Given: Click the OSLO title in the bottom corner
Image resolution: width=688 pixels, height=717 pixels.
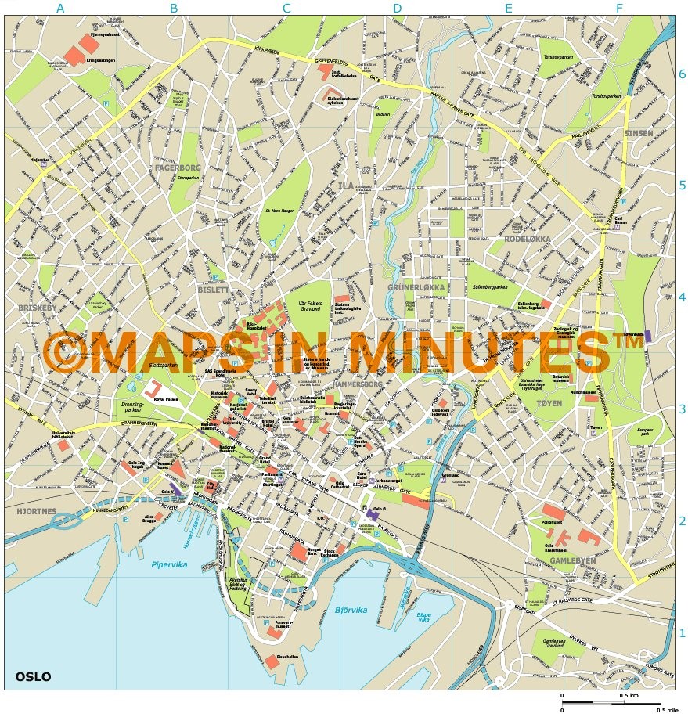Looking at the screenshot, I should coord(32,676).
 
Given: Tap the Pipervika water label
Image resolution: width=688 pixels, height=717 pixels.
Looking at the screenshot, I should coord(170,564).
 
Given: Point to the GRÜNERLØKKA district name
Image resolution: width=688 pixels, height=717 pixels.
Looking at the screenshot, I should coord(416,287).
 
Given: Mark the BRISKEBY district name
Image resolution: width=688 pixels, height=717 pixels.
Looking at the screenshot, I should coord(34,308).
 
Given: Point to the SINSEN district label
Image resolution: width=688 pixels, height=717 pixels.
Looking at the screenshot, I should coord(638,134).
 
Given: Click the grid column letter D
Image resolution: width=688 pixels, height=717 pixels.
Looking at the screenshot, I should coord(398,9).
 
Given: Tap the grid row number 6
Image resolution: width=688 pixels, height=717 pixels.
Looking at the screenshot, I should coord(682,74).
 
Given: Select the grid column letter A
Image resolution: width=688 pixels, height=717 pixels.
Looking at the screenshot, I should coord(60,9).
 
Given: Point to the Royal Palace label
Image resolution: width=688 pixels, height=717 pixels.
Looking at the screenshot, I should coord(167,399).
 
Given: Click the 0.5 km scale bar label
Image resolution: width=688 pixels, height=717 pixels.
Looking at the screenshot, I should coord(629,696).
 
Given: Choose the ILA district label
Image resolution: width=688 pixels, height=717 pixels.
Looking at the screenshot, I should coord(348,186).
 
